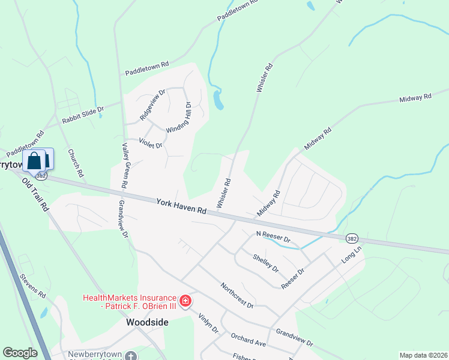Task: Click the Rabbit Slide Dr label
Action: pyautogui.click(x=83, y=115)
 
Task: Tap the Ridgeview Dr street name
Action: pyautogui.click(x=152, y=105)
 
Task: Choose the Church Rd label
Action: pyautogui.click(x=75, y=163)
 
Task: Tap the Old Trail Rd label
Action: pyautogui.click(x=35, y=194)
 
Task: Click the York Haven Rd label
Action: pyautogui.click(x=181, y=206)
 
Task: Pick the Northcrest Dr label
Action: pyautogui.click(x=237, y=295)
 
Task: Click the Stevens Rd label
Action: pyautogui.click(x=32, y=286)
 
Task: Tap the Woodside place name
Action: pyautogui.click(x=147, y=322)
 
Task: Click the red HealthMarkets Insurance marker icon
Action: pyautogui.click(x=185, y=300)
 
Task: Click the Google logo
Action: pyautogui.click(x=20, y=353)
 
